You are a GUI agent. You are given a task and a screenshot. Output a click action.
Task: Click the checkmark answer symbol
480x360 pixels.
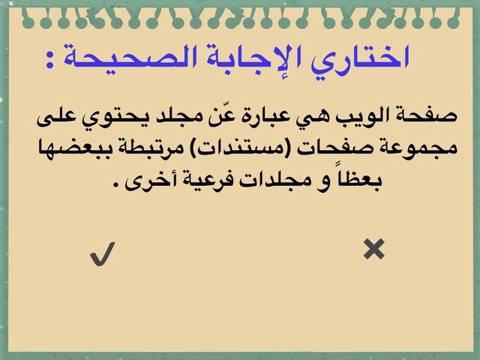[103, 254]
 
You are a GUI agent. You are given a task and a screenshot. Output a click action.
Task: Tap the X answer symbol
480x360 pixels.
[374, 249]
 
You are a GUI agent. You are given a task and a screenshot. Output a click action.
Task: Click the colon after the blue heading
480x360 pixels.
[50, 60]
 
